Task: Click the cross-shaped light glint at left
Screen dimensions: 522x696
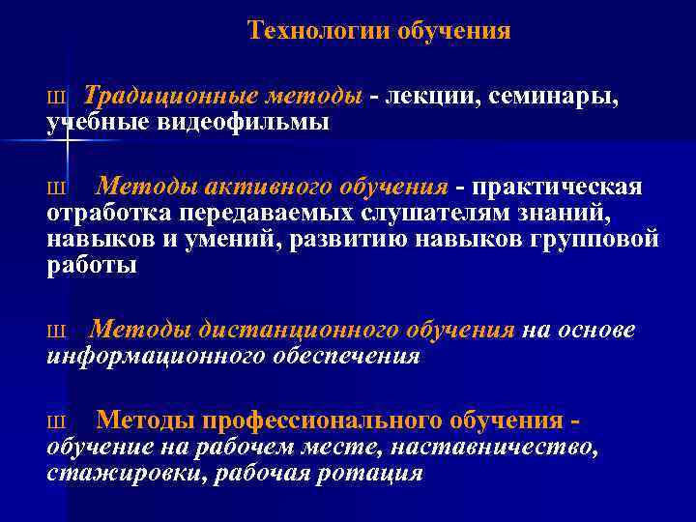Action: coord(68,141)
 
